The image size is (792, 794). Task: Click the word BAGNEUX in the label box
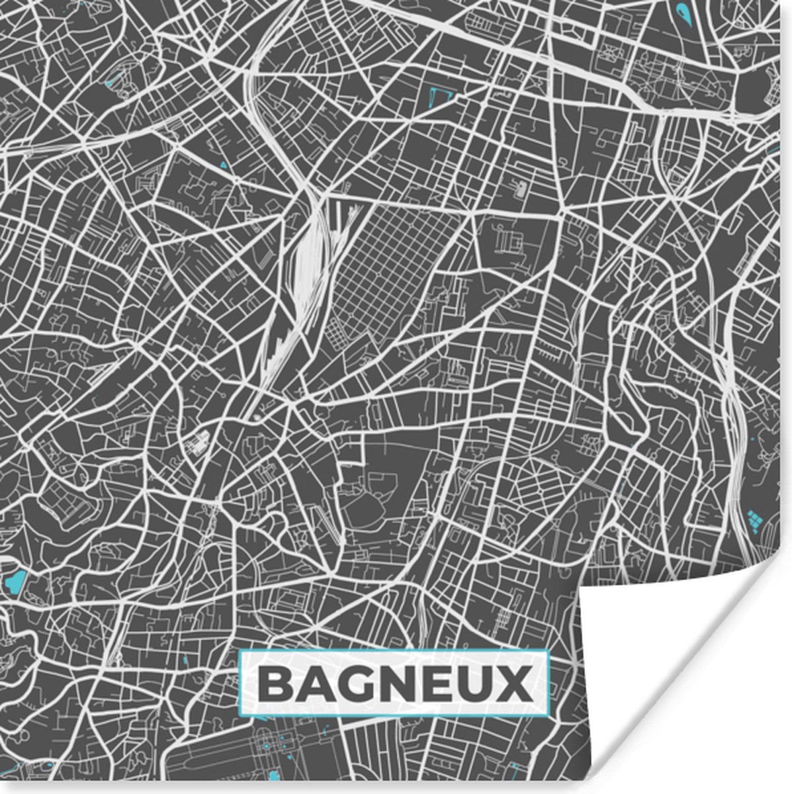(394, 684)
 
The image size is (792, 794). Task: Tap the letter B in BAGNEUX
(275, 684)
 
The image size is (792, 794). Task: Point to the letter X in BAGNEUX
(514, 684)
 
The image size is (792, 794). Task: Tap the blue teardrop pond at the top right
(682, 10)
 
